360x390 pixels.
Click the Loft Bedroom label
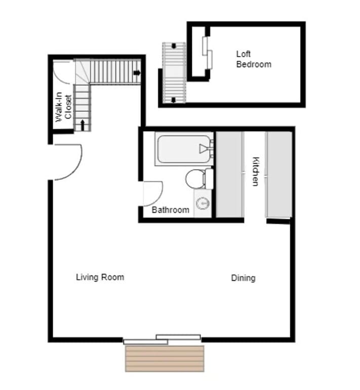point(253,59)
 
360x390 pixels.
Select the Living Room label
point(100,277)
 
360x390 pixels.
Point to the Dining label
point(243,278)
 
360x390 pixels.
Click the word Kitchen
point(255,171)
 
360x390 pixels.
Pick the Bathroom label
point(171,210)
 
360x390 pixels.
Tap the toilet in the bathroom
point(197,179)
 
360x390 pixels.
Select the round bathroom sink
point(203,204)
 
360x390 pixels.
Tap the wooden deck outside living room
point(165,359)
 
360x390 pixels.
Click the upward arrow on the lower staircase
point(83,123)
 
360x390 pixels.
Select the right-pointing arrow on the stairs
point(137,73)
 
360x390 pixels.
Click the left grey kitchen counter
point(229,174)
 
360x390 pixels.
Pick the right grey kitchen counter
point(278,174)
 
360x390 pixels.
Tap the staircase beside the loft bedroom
point(174,72)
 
